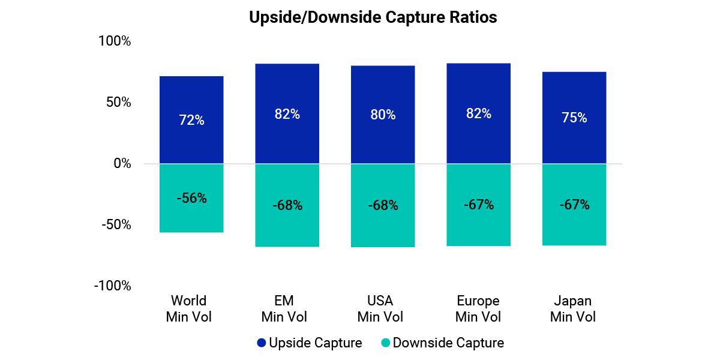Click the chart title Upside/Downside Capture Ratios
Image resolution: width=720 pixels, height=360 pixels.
coord(373,18)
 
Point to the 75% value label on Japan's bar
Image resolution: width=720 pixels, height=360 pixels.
coord(574,118)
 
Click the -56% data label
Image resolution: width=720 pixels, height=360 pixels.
coord(191,199)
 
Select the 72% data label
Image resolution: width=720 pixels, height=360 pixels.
coord(191,121)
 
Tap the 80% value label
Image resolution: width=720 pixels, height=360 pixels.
coord(383,115)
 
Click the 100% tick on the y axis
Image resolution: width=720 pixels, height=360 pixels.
coord(115,41)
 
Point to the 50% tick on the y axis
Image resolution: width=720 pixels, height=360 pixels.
coord(118,103)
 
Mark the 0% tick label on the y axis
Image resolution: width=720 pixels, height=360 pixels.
coord(122,164)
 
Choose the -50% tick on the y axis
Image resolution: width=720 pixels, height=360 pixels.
coord(116,225)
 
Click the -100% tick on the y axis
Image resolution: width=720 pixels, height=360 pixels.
coord(112,286)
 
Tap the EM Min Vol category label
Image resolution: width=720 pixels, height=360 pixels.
coord(287,308)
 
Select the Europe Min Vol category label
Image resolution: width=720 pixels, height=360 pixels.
coord(478,308)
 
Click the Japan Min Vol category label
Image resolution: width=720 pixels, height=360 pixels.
coord(574,308)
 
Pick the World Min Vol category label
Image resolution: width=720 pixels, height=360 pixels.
coord(189,308)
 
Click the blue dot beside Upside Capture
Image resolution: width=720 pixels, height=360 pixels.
coord(261,343)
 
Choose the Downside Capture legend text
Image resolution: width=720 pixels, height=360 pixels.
coord(448,343)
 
